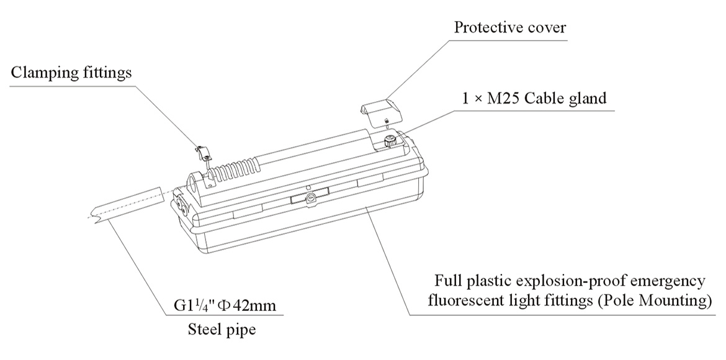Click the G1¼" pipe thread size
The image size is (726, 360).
(193, 306)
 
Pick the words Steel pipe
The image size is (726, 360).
(222, 330)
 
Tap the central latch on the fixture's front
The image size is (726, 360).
(308, 198)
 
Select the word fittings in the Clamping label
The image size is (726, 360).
(107, 73)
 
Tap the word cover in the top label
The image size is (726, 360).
(546, 28)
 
